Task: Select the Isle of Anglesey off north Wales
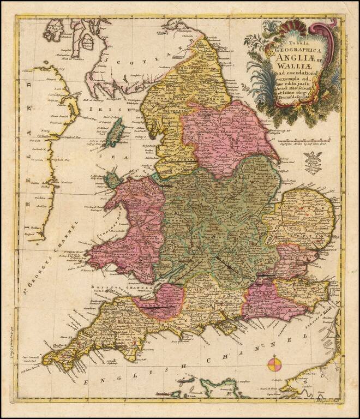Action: point(112,179)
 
